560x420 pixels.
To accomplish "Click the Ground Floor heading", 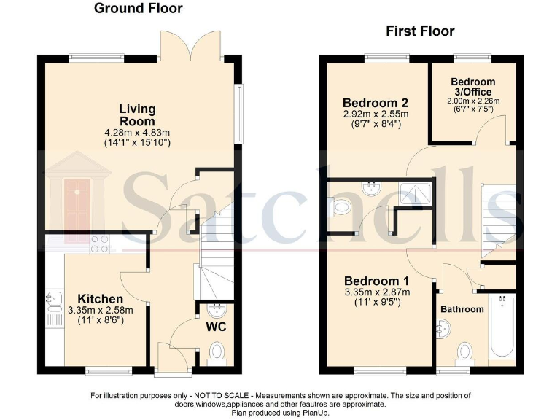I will click(139, 9).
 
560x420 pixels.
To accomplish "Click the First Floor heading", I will click(420, 31).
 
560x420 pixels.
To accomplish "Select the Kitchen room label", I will click(101, 299).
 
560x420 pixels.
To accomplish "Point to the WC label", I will click(215, 327).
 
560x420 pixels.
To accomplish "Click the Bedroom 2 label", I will click(376, 103).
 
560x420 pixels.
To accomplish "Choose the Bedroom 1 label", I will click(376, 281).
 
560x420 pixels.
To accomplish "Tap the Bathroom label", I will click(462, 309).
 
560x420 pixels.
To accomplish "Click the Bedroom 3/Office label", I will click(472, 87).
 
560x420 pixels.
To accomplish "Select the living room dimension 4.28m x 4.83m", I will click(138, 132).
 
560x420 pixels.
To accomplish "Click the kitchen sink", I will click(54, 298).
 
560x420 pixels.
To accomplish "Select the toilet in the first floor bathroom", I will click(464, 354).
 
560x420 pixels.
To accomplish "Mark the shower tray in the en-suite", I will click(416, 192).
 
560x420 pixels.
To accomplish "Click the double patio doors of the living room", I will click(192, 47).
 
